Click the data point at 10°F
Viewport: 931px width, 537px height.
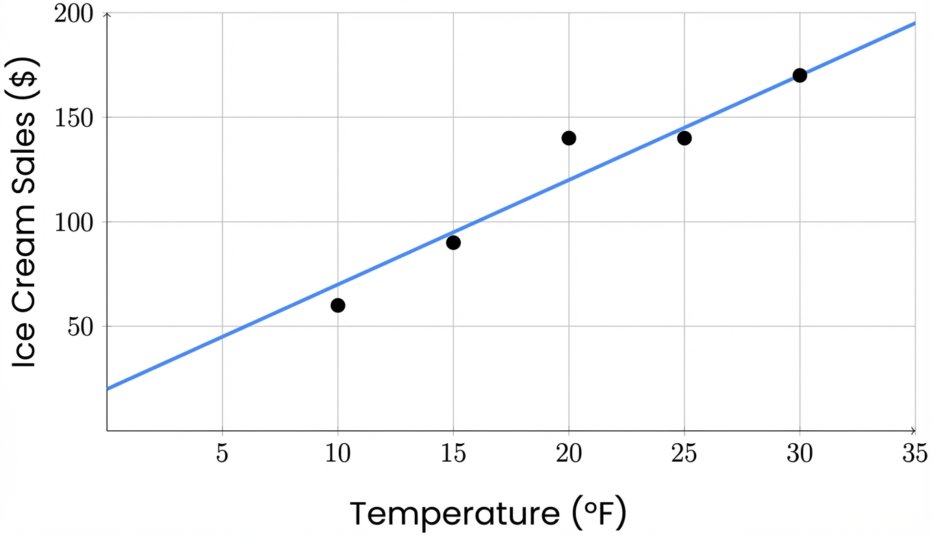337,305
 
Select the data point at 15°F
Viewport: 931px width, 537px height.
453,242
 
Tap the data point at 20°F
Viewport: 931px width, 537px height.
569,138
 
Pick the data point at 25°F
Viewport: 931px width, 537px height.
685,138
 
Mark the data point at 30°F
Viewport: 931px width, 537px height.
800,75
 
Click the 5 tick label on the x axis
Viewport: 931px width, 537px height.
222,454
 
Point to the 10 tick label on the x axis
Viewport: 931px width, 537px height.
337,454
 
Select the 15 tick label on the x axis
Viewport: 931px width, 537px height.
453,454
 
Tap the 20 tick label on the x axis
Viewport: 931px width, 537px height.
569,454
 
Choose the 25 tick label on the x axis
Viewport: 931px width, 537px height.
685,454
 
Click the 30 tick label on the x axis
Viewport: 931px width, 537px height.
800,454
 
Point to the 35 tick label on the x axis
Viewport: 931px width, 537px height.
915,454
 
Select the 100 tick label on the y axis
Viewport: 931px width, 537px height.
76,223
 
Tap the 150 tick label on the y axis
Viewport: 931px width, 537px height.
76,118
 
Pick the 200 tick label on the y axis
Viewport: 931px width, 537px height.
76,14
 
